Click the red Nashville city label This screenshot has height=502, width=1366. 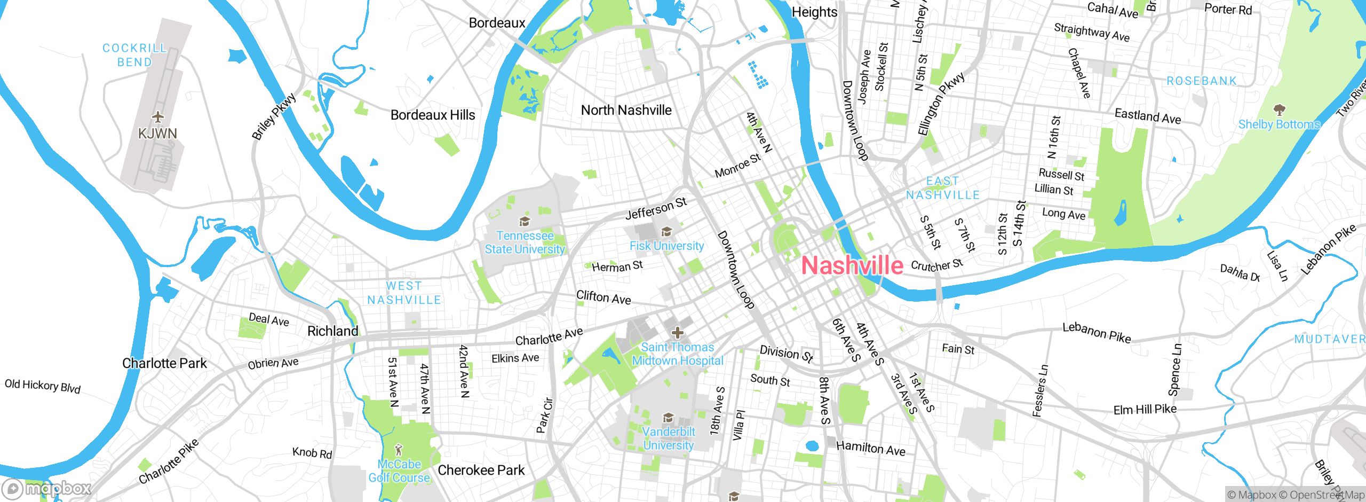pyautogui.click(x=852, y=266)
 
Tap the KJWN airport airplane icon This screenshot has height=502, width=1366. pyautogui.click(x=157, y=116)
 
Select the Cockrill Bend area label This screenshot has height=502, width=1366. pyautogui.click(x=134, y=55)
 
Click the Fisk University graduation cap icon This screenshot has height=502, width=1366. pyautogui.click(x=666, y=231)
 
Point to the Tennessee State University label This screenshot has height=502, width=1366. pyautogui.click(x=525, y=242)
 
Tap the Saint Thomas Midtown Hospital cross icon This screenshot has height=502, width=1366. pyautogui.click(x=677, y=333)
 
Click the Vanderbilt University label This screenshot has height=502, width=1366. pyautogui.click(x=669, y=438)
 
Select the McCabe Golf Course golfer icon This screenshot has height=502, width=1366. pyautogui.click(x=398, y=450)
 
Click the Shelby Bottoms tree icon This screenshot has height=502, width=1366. pyautogui.click(x=1279, y=110)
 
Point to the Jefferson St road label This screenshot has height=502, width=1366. pyautogui.click(x=656, y=208)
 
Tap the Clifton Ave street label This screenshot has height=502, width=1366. pyautogui.click(x=603, y=297)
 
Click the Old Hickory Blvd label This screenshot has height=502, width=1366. pyautogui.click(x=43, y=386)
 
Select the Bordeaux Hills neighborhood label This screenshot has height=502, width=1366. pyautogui.click(x=433, y=115)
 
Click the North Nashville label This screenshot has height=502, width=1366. pyautogui.click(x=626, y=110)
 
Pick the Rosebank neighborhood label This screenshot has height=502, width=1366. pyautogui.click(x=1202, y=81)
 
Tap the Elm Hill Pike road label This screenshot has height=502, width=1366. pyautogui.click(x=1145, y=410)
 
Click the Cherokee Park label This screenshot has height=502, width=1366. pyautogui.click(x=481, y=470)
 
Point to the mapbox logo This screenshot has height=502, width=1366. pyautogui.click(x=47, y=488)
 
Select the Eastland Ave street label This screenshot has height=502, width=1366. pyautogui.click(x=1147, y=116)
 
